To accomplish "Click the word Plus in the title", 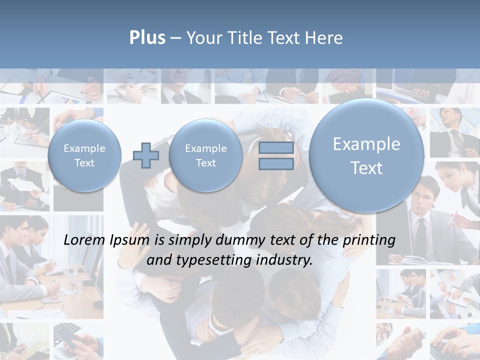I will (x=147, y=38).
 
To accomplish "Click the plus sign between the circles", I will (x=146, y=155).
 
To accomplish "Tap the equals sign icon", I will (x=276, y=155).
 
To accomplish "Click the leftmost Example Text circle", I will (x=84, y=155).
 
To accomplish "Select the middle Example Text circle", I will (x=205, y=155).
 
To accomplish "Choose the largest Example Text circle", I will (x=366, y=155).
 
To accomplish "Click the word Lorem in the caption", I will (x=85, y=240).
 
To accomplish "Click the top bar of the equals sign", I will (x=276, y=147).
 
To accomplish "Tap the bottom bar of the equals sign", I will (x=276, y=164).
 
